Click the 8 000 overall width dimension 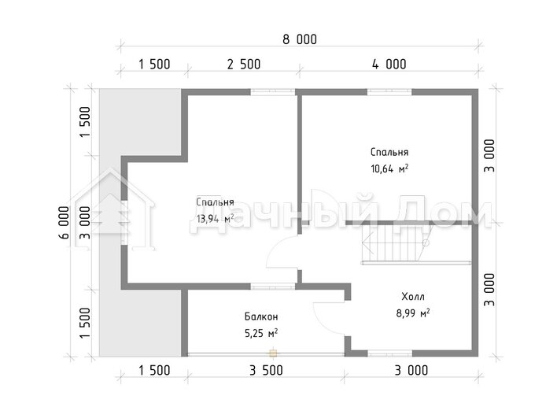pos(300,39)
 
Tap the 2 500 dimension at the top pos(244,65)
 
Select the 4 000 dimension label pos(389,65)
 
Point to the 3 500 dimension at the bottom pos(266,370)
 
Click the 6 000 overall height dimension pos(65,223)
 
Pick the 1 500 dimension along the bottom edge pos(154,370)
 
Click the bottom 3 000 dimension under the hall pos(411,370)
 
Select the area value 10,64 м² pos(389,168)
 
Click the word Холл pos(413,297)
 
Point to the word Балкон pos(261,316)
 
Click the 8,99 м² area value pos(413,313)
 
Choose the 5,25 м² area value pos(261,333)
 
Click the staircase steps pos(394,243)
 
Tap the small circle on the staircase pos(426,242)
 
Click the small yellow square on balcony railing pos(273,353)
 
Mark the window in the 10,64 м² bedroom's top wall pos(389,92)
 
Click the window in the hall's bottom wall pos(389,353)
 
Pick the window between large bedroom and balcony pos(273,286)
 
